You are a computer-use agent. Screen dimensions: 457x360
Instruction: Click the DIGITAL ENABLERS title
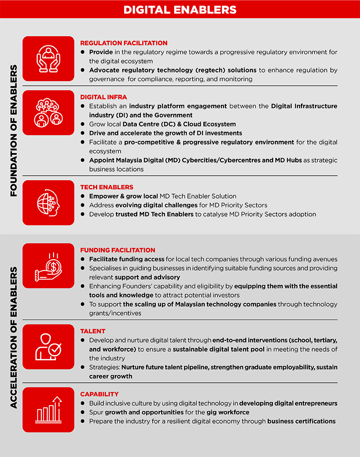[x=180, y=9]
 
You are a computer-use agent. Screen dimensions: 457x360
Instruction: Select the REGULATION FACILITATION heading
[x=124, y=43]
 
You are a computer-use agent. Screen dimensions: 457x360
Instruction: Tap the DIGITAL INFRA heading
[x=103, y=97]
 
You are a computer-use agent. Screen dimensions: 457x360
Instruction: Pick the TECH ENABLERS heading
[x=107, y=187]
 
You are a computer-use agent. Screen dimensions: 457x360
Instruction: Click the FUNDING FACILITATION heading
[x=117, y=250]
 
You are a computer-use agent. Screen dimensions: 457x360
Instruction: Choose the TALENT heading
[x=93, y=331]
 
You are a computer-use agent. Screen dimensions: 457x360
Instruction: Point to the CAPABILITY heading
[x=99, y=394]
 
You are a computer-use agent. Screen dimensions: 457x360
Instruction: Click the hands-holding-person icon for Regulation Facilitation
[x=48, y=59]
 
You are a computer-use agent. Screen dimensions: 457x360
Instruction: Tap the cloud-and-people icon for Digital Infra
[x=48, y=113]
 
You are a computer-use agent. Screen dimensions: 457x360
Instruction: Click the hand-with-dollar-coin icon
[x=48, y=266]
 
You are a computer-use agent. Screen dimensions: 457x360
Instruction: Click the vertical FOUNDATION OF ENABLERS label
[x=13, y=131]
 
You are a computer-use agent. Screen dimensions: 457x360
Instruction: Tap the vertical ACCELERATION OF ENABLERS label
[x=13, y=338]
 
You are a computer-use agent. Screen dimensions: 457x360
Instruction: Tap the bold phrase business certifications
[x=301, y=421]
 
